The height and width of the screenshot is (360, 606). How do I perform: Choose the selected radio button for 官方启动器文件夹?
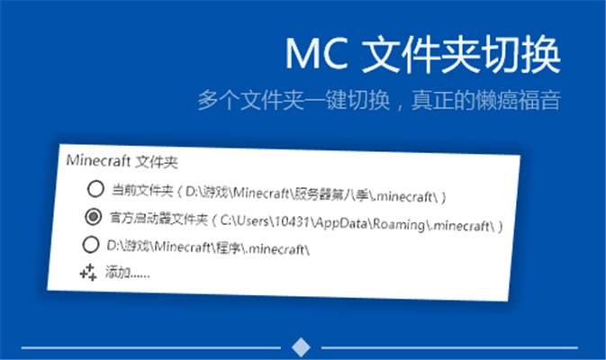(93, 216)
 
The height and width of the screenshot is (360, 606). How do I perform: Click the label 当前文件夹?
(140, 191)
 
